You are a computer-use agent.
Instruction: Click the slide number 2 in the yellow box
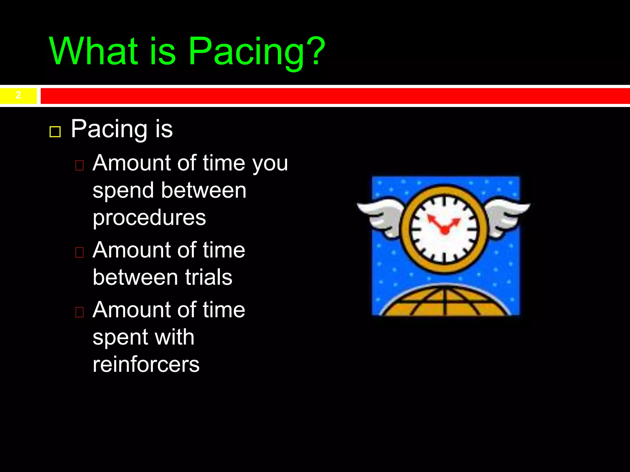[18, 95]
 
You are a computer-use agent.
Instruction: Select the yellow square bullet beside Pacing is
[55, 132]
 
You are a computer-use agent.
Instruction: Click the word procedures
[149, 218]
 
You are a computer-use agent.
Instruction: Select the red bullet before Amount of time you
[79, 165]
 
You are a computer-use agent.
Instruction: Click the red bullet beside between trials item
[79, 252]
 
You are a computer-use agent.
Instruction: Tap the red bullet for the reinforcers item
[79, 312]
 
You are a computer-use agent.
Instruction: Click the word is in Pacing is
[164, 129]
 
